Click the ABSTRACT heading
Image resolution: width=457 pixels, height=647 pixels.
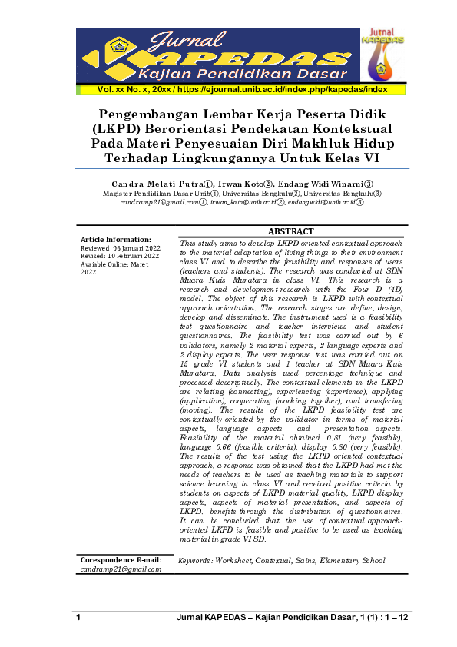point(291,231)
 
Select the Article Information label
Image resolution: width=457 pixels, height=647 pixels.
point(116,240)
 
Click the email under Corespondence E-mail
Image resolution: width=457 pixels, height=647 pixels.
point(121,569)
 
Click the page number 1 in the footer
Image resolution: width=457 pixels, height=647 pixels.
point(78,619)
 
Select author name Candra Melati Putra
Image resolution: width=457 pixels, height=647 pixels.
point(158,184)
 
